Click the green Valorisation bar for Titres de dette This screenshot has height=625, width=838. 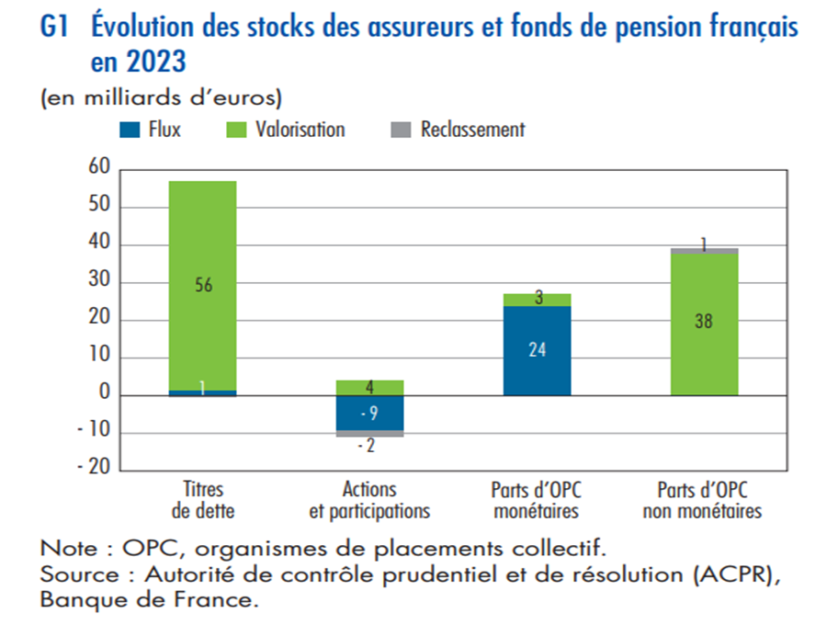[202, 286]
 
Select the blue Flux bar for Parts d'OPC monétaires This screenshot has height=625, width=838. [538, 351]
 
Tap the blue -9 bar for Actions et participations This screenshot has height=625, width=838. [369, 413]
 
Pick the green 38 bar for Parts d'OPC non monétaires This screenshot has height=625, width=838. [705, 324]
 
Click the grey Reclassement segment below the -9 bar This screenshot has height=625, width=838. [369, 434]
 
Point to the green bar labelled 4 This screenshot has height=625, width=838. [369, 388]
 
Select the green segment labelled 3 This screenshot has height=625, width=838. [538, 300]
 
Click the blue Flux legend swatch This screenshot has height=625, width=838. [130, 130]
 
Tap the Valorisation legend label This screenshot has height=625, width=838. [300, 130]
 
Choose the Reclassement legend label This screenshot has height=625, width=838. [473, 130]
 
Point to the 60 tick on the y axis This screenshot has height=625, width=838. [99, 166]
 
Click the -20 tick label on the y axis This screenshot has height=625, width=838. [94, 467]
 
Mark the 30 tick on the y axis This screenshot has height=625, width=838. [99, 279]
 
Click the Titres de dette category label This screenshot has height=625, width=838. [203, 500]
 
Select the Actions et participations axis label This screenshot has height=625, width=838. [369, 500]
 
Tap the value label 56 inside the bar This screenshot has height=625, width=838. [204, 285]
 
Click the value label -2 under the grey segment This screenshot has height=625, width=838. [367, 446]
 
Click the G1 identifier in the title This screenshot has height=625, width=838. [54, 27]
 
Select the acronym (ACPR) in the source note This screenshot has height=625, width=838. [737, 574]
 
